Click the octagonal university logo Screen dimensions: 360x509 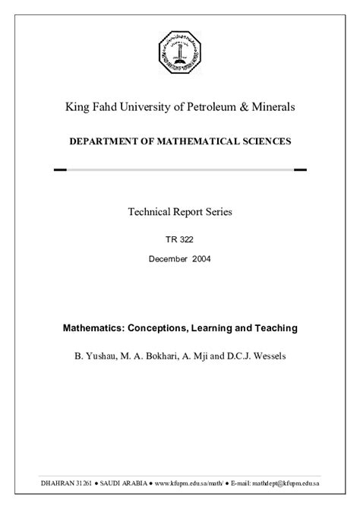pos(180,54)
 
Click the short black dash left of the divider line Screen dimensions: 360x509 pos(60,170)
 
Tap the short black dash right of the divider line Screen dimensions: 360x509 pos(300,170)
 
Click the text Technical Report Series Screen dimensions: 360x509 pos(180,212)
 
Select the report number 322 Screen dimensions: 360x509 pos(187,239)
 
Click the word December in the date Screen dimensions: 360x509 pos(170,259)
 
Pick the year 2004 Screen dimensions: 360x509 pos(201,259)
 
